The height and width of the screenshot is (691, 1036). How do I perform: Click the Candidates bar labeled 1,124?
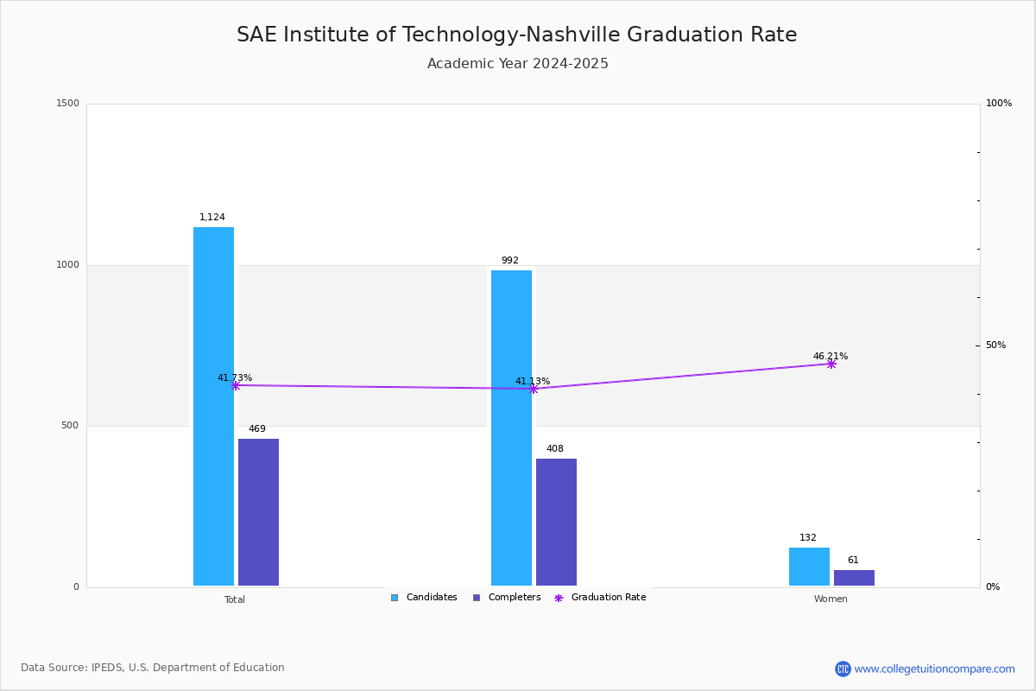[213, 406]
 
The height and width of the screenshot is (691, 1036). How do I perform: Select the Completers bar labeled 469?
[258, 512]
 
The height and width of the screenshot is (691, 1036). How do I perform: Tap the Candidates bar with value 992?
[511, 428]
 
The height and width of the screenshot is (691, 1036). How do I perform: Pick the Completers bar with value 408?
[556, 522]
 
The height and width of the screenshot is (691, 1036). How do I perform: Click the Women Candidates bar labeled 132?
[809, 567]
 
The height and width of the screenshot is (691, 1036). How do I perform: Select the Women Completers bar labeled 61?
[854, 578]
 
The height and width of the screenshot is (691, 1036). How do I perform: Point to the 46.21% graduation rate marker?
[831, 364]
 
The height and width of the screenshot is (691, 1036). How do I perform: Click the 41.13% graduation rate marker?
[534, 389]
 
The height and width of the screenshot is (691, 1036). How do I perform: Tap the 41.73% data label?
[235, 377]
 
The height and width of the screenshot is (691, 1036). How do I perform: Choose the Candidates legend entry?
[424, 598]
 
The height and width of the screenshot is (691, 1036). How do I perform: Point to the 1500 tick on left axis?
[68, 104]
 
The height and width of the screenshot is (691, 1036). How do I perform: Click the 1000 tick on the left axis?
[68, 265]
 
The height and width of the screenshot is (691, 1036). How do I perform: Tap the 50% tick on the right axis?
[995, 345]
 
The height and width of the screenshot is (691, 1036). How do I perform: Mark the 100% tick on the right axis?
[998, 104]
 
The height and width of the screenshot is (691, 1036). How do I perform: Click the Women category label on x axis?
[831, 599]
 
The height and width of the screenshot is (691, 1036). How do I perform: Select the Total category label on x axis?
[235, 599]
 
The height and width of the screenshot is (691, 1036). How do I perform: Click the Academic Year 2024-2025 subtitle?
[518, 64]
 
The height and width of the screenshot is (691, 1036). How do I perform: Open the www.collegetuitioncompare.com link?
[934, 669]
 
